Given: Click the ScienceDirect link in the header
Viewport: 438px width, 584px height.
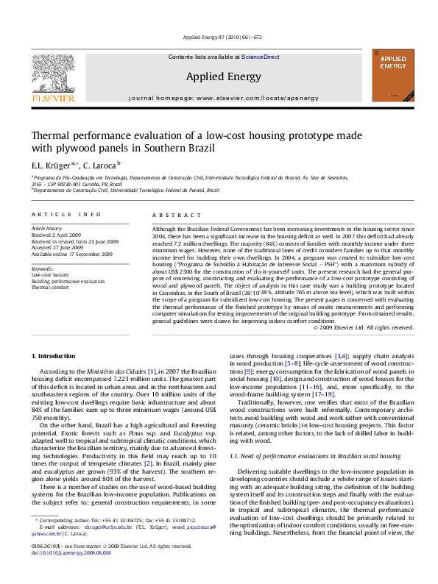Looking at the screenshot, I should tap(261, 57).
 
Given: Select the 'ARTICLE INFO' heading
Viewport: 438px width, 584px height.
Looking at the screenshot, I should tap(66, 214).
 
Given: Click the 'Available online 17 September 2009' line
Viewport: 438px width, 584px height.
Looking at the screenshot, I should tap(71, 253).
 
